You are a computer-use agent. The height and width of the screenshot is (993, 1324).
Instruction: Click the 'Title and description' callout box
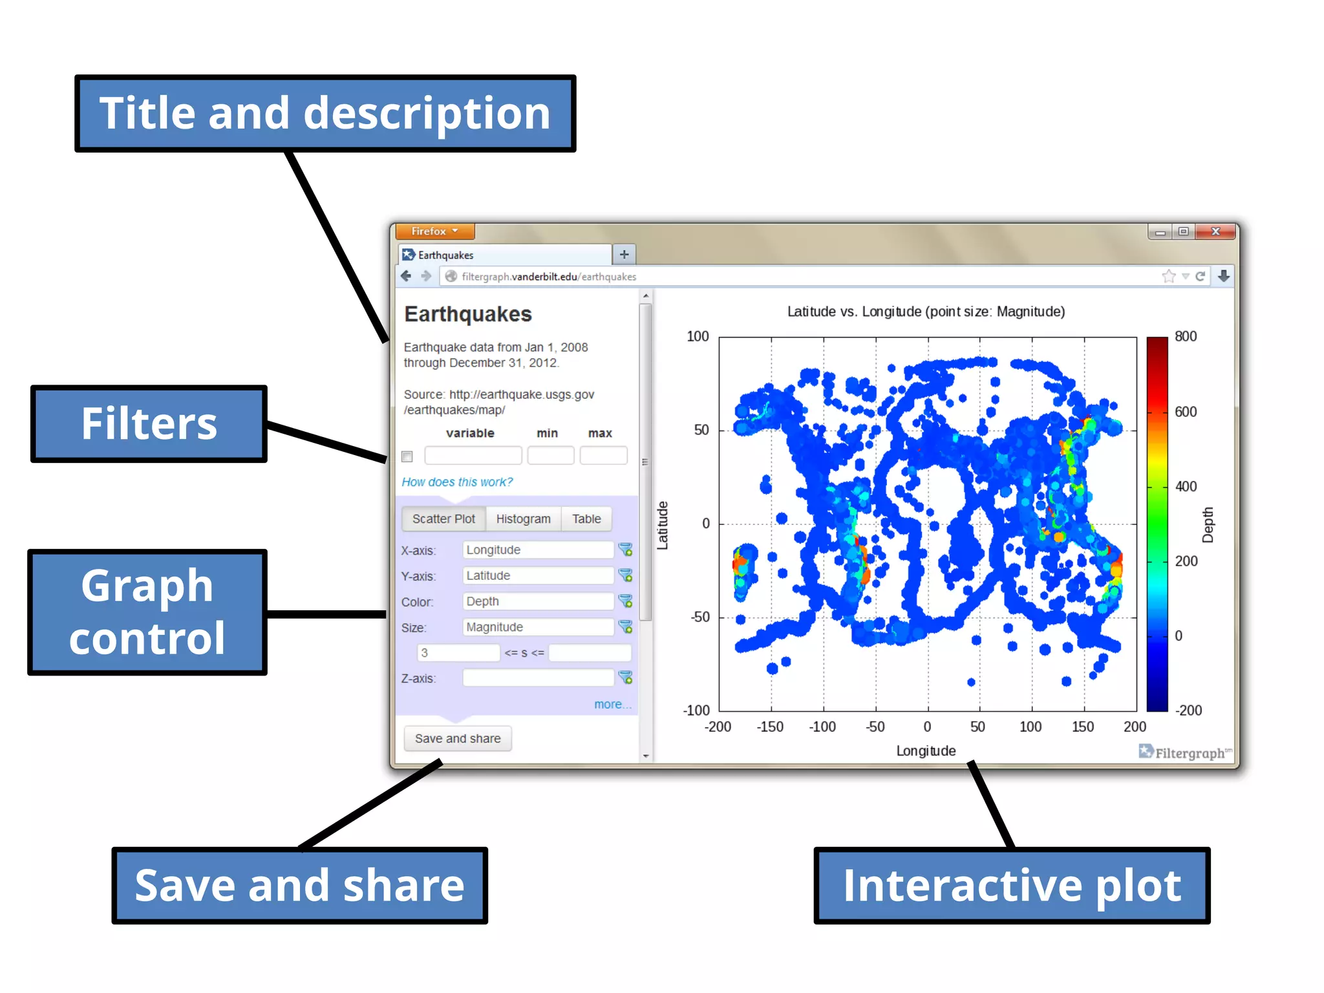pyautogui.click(x=325, y=114)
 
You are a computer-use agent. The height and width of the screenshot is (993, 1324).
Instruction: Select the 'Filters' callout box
pyautogui.click(x=149, y=424)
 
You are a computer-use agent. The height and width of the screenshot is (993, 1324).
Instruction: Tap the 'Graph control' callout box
pyautogui.click(x=147, y=612)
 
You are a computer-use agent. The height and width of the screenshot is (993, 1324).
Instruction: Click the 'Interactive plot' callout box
pyautogui.click(x=1012, y=885)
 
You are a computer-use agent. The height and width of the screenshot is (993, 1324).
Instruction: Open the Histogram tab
pyautogui.click(x=523, y=518)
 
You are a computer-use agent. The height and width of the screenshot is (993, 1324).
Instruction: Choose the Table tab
pyautogui.click(x=586, y=518)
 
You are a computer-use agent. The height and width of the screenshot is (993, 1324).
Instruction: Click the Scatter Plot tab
pyautogui.click(x=443, y=518)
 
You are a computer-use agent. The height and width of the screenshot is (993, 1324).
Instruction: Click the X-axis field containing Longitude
pyautogui.click(x=537, y=550)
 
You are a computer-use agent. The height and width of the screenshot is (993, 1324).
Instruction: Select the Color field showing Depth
pyautogui.click(x=537, y=601)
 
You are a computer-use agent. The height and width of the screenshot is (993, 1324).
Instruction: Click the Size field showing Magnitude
pyautogui.click(x=537, y=627)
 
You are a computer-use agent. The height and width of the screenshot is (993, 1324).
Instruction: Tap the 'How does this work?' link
pyautogui.click(x=456, y=482)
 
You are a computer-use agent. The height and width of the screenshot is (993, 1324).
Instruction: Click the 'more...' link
pyautogui.click(x=612, y=704)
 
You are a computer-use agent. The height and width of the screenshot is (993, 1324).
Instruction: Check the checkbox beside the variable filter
pyautogui.click(x=407, y=456)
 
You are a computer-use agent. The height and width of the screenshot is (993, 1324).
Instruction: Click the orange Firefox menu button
pyautogui.click(x=434, y=231)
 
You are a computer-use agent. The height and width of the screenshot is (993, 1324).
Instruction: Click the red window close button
pyautogui.click(x=1215, y=231)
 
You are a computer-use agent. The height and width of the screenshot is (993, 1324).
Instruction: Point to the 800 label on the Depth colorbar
pyautogui.click(x=1185, y=336)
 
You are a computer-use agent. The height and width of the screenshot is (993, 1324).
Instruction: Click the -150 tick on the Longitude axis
pyautogui.click(x=769, y=727)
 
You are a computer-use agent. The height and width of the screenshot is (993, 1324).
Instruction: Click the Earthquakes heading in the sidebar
pyautogui.click(x=467, y=314)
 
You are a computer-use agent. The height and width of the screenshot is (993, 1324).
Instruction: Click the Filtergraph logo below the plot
pyautogui.click(x=1184, y=753)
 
